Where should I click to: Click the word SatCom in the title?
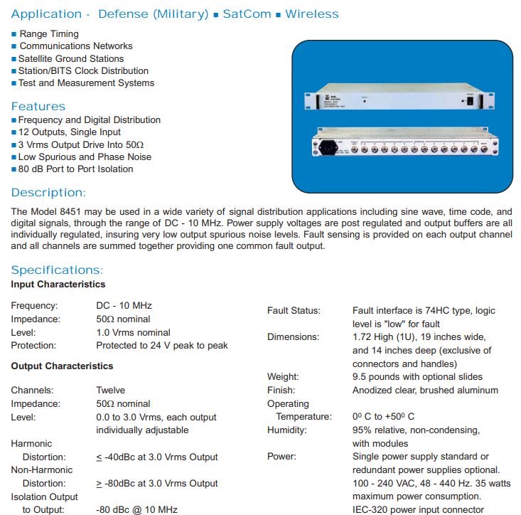247,14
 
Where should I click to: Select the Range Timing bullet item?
49,33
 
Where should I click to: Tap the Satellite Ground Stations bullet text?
71,58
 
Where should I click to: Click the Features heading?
38,107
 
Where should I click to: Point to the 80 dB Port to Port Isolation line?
75,169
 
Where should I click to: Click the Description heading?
48,193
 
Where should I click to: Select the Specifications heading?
57,270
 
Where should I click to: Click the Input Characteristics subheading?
58,285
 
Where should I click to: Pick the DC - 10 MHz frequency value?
124,306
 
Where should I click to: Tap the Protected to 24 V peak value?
162,345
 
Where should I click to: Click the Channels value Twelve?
111,390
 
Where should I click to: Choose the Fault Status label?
294,311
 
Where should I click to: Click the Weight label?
282,376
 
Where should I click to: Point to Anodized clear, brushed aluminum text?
425,390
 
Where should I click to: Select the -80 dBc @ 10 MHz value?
137,509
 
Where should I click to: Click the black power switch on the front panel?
468,102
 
